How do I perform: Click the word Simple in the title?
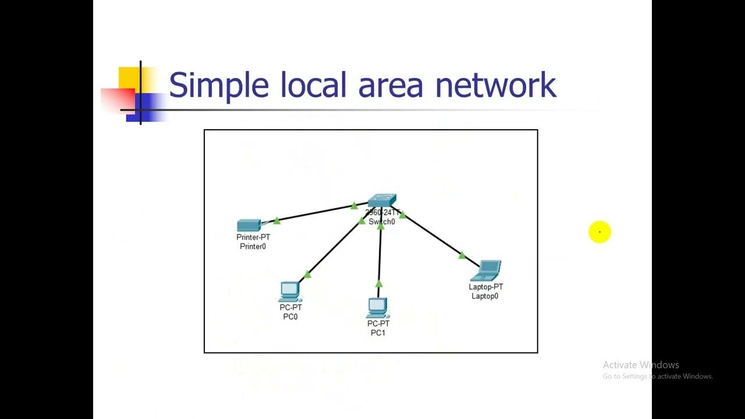(218, 85)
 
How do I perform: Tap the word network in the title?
(496, 85)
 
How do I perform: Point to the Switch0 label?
(382, 222)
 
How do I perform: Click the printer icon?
(249, 225)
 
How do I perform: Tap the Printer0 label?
(253, 246)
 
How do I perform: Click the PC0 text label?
(290, 317)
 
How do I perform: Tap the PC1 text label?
(378, 333)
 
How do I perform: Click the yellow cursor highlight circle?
(599, 232)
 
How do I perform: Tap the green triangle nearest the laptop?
(462, 255)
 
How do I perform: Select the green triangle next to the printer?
(277, 220)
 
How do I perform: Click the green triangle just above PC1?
(379, 284)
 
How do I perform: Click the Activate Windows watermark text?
(641, 365)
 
